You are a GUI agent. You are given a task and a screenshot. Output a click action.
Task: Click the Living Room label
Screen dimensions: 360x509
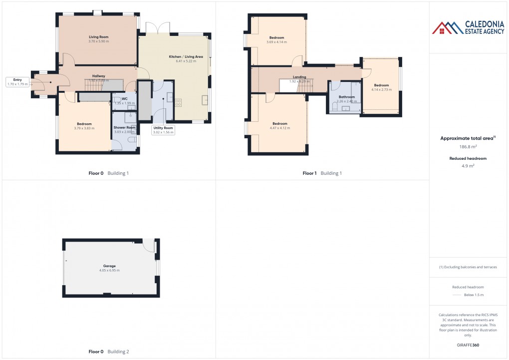98,37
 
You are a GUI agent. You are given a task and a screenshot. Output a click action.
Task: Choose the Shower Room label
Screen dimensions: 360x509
124,127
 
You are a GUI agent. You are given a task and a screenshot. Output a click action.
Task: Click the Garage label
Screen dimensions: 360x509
109,266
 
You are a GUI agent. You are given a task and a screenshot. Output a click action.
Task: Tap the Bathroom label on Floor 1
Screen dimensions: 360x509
346,97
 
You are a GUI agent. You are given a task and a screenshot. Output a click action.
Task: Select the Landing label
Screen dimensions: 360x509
299,77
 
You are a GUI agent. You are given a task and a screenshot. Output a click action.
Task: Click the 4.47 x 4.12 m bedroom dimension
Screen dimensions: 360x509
279,128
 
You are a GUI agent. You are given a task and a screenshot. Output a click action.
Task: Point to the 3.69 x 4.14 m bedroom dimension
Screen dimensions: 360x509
276,42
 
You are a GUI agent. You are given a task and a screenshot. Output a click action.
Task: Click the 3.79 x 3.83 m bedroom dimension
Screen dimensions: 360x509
84,128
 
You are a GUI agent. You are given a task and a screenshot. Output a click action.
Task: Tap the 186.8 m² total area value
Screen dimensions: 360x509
468,147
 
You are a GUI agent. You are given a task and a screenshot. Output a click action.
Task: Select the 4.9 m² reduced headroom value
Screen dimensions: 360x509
468,165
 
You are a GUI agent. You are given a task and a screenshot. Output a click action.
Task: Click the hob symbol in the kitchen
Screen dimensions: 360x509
178,102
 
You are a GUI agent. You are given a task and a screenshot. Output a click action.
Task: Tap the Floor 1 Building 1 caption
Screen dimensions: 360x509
322,173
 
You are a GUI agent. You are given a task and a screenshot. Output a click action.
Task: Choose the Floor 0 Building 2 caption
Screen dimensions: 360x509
108,352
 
